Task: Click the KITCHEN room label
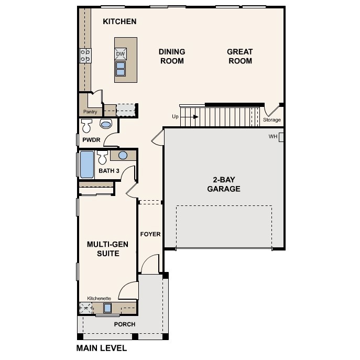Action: pyautogui.click(x=119, y=21)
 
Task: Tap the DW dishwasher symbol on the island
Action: pyautogui.click(x=121, y=54)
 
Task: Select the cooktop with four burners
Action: pyautogui.click(x=85, y=56)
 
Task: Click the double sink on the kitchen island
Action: pyautogui.click(x=121, y=69)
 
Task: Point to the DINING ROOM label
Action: pyautogui.click(x=172, y=56)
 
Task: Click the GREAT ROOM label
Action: pyautogui.click(x=240, y=56)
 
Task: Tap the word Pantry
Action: pyautogui.click(x=90, y=112)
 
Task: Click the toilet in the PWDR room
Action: pyautogui.click(x=86, y=125)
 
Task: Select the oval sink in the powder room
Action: pyautogui.click(x=106, y=124)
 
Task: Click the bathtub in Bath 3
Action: pyautogui.click(x=87, y=165)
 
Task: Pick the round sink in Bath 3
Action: pyautogui.click(x=123, y=156)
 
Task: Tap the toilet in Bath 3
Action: pyautogui.click(x=102, y=157)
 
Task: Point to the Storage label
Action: pyautogui.click(x=272, y=120)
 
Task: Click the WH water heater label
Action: pyautogui.click(x=273, y=137)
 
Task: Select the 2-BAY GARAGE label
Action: pyautogui.click(x=224, y=184)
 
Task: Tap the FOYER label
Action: pyautogui.click(x=150, y=234)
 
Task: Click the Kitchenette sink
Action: pyautogui.click(x=107, y=308)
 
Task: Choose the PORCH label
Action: pyautogui.click(x=125, y=324)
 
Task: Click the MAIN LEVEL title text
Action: pyautogui.click(x=102, y=348)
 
